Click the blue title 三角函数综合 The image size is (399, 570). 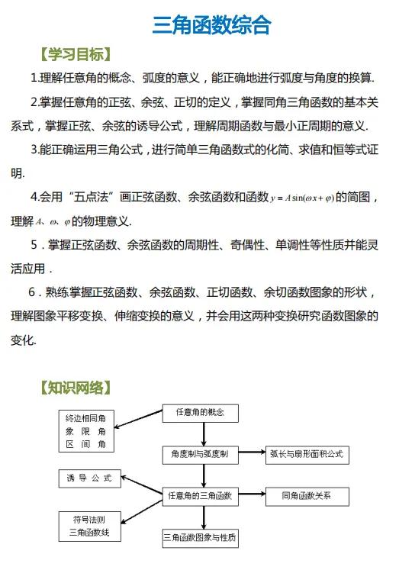click(x=211, y=26)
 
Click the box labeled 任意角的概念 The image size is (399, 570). click(x=201, y=413)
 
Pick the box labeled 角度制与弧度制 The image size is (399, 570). click(x=201, y=455)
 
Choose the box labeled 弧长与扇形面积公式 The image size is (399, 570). click(x=307, y=455)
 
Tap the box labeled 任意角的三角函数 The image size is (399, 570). click(x=201, y=496)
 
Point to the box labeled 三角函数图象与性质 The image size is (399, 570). click(x=201, y=538)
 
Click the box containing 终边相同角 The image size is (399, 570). click(x=91, y=430)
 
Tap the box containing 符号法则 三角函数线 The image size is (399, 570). click(x=91, y=527)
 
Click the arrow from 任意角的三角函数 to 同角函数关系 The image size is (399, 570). click(x=251, y=496)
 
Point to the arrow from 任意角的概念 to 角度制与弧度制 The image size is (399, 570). click(x=203, y=433)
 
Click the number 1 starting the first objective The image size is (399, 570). click(x=34, y=79)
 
